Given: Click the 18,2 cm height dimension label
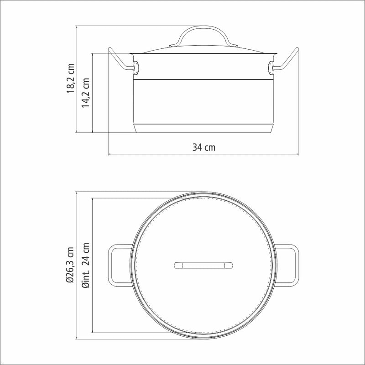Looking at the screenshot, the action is [71, 78].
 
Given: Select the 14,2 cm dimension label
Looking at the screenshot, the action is [85, 93].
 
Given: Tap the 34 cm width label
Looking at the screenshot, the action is [204, 147].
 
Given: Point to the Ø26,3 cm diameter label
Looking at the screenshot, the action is [70, 265].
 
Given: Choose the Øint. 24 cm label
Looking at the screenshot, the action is [85, 266].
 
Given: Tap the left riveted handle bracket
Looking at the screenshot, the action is [136, 68].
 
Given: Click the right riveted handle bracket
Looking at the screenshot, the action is [271, 68].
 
